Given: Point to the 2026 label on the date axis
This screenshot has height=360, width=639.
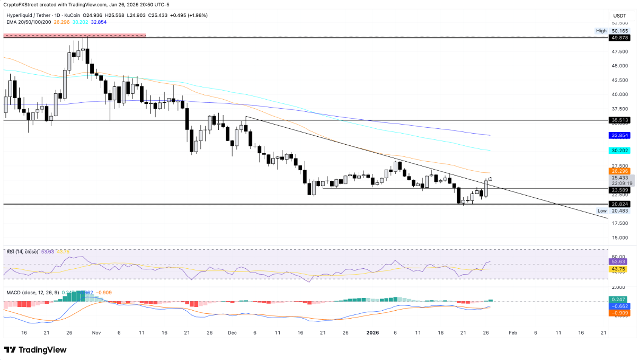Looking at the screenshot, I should tap(372, 333).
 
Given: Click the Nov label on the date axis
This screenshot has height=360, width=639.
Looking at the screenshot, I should tap(96, 333).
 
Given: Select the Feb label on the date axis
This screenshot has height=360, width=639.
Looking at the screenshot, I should tap(512, 333).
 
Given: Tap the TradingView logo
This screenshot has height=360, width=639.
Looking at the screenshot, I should tap(35, 349).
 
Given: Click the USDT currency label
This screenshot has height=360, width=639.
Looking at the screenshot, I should tap(620, 15).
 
